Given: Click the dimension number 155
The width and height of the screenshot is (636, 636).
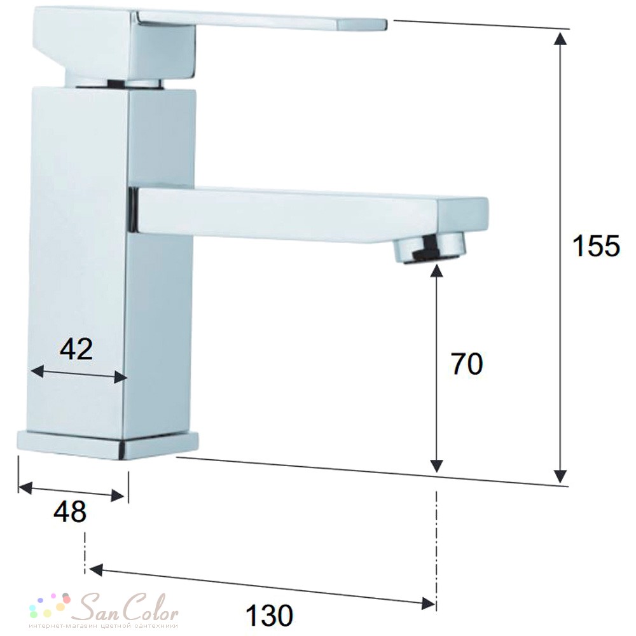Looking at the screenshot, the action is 596,246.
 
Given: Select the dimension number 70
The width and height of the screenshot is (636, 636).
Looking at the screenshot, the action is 467,364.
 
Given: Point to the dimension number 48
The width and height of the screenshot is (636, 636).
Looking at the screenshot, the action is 70,511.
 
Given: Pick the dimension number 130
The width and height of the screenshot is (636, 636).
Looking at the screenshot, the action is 270,615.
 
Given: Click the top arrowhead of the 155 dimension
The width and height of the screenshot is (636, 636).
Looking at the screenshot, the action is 560,39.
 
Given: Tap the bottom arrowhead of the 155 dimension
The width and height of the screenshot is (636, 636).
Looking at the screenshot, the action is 560,476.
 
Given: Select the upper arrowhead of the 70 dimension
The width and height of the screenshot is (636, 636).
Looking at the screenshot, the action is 436,270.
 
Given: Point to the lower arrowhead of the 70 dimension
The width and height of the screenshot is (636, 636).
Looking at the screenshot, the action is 436,466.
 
